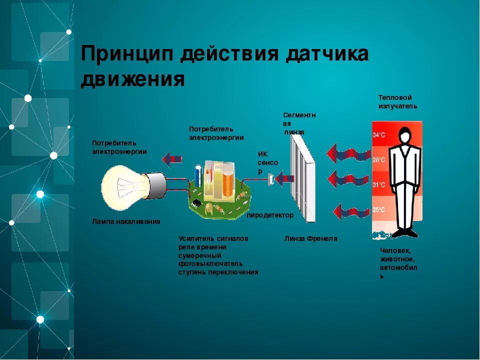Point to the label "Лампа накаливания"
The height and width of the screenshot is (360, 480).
(126, 221)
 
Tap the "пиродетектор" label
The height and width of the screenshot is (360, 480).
(270, 215)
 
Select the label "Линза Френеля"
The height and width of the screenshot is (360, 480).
(310, 239)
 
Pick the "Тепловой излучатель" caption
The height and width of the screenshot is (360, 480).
(397, 102)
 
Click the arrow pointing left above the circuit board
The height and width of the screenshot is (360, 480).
(172, 159)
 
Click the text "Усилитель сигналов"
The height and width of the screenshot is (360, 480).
(213, 239)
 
